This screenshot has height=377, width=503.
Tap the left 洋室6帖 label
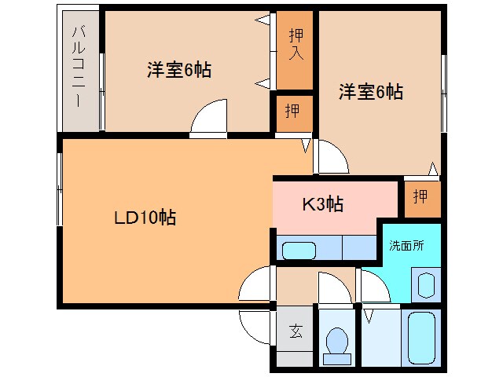178,69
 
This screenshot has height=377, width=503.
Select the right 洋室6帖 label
371,92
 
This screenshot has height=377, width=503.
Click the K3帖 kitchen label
323,204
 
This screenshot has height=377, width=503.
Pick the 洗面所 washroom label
406,245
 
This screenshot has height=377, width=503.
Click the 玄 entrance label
296,331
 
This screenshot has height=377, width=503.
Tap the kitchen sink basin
299,251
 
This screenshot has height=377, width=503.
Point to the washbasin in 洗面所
426,284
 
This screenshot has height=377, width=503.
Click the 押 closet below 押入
291,111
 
